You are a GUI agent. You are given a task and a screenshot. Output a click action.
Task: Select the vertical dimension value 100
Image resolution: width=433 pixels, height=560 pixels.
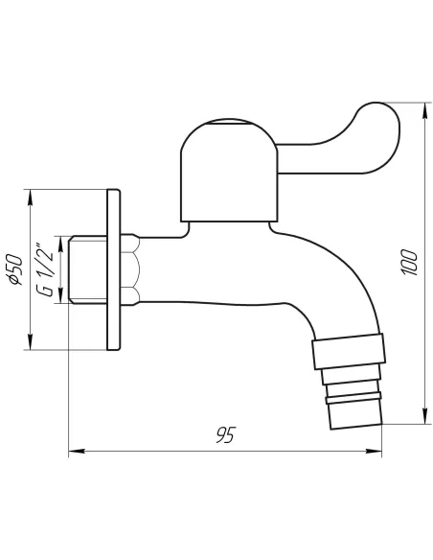(x=409, y=262)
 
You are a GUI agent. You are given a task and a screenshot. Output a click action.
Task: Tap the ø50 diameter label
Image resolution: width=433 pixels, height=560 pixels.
(x=15, y=269)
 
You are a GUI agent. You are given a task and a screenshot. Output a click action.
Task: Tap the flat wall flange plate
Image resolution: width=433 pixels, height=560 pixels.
(x=114, y=270)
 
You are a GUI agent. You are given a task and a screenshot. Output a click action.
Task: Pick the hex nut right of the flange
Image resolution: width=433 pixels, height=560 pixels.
(x=131, y=268)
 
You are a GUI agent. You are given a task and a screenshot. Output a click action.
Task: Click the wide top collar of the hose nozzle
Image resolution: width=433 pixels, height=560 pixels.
(x=351, y=353)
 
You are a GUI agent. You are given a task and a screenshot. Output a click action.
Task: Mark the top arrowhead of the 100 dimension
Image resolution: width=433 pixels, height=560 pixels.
(x=422, y=105)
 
